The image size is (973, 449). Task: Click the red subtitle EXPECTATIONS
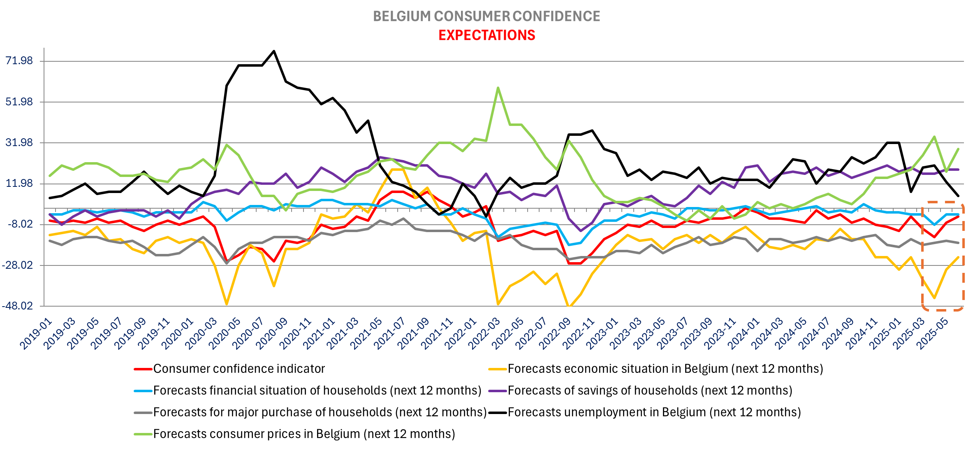tap(486, 35)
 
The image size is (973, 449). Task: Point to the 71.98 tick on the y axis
tap(19, 61)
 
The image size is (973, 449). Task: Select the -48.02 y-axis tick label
tap(17, 306)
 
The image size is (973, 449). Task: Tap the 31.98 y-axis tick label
tap(19, 142)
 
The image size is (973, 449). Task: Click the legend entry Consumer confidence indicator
tap(239, 369)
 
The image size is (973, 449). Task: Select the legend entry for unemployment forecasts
tap(654, 412)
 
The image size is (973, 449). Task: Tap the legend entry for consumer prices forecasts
tap(304, 434)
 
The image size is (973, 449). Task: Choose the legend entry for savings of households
tap(650, 391)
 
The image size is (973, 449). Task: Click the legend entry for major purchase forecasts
tap(320, 412)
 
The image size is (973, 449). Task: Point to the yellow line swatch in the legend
tap(498, 369)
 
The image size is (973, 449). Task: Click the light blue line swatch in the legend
tap(143, 391)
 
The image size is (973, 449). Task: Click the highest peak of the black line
tap(274, 51)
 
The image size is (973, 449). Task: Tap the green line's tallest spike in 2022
tap(498, 88)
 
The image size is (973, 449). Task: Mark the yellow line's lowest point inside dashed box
tap(935, 298)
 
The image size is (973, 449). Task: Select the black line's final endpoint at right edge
tap(958, 196)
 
